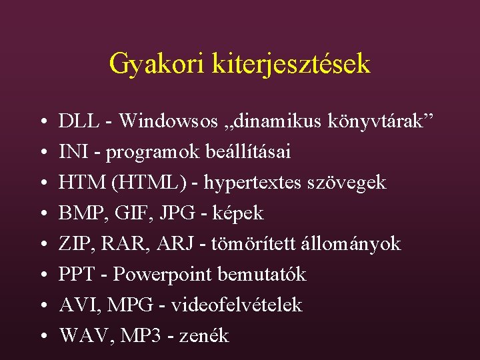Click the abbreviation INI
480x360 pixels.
pyautogui.click(x=71, y=152)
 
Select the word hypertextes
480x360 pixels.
pyautogui.click(x=257, y=183)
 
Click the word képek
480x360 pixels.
pyautogui.click(x=237, y=213)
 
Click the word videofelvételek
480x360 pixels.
pyautogui.click(x=237, y=305)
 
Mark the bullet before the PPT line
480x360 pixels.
pyautogui.click(x=42, y=275)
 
